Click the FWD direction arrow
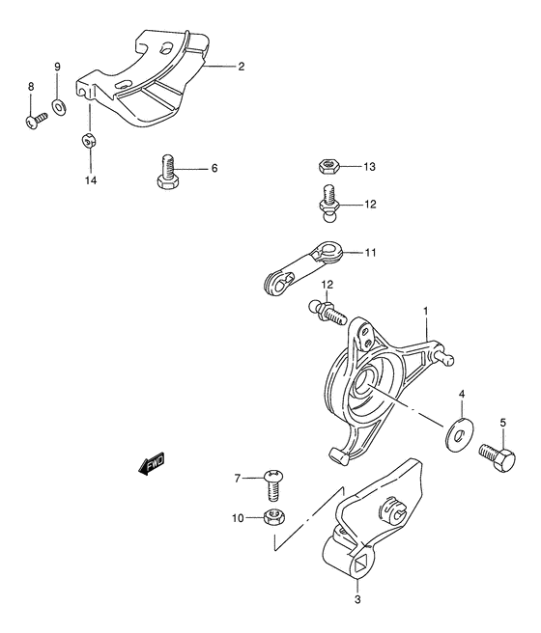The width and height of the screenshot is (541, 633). coord(152,462)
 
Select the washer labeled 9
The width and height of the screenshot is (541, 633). coord(59,107)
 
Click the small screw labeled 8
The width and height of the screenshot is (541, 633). coord(36,120)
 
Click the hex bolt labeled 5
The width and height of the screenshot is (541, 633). coord(498,457)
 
